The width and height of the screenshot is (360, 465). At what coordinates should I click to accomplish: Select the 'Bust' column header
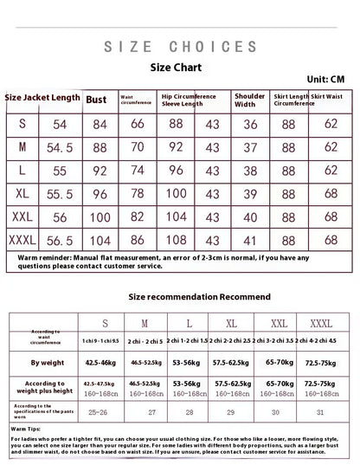pos(97,100)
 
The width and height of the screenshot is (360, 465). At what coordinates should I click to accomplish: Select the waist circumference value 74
pos(138,170)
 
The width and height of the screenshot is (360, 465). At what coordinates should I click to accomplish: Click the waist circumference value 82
pos(138,215)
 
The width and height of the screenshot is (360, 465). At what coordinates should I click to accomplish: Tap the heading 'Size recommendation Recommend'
pos(199,296)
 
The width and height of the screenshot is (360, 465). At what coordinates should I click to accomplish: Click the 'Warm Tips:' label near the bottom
pos(25,429)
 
